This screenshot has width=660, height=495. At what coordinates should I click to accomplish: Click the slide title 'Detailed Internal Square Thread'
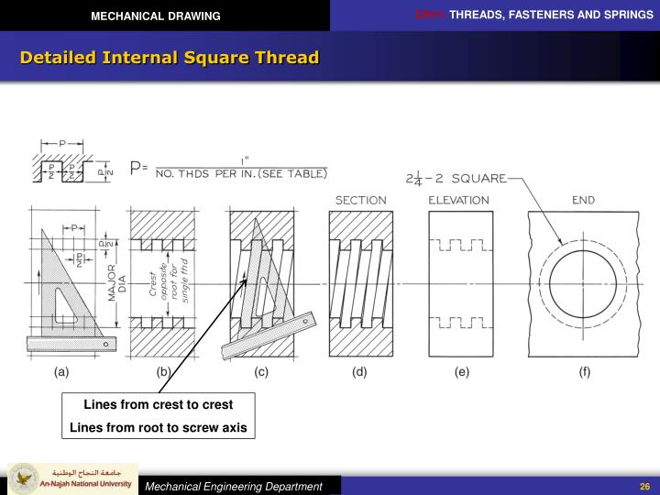point(170,58)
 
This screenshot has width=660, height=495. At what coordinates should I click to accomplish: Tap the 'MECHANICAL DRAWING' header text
point(155,16)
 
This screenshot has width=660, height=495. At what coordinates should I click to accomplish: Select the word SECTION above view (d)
point(360,200)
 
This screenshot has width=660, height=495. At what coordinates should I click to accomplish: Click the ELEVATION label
point(460,200)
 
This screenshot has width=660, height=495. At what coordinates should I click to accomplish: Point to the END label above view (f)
point(583,200)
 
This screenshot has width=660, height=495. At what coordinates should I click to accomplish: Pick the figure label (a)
point(61,372)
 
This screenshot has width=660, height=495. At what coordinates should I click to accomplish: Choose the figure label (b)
point(163,372)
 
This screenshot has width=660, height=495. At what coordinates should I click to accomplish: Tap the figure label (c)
point(261,372)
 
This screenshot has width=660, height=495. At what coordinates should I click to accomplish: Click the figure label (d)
point(360,372)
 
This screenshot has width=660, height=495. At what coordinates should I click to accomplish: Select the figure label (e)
point(461,372)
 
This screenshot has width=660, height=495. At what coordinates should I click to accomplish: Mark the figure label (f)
point(584,372)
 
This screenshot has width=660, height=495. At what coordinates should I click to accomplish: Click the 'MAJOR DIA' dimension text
point(115,284)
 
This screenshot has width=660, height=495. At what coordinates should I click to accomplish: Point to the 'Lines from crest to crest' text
point(159,404)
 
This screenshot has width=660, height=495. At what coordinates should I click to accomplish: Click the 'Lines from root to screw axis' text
point(159,427)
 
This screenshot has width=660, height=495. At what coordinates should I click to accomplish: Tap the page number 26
point(644,486)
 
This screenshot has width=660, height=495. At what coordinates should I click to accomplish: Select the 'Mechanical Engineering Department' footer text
point(236,486)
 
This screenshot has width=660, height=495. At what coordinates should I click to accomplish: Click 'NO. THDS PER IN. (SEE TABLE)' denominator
point(241,173)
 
